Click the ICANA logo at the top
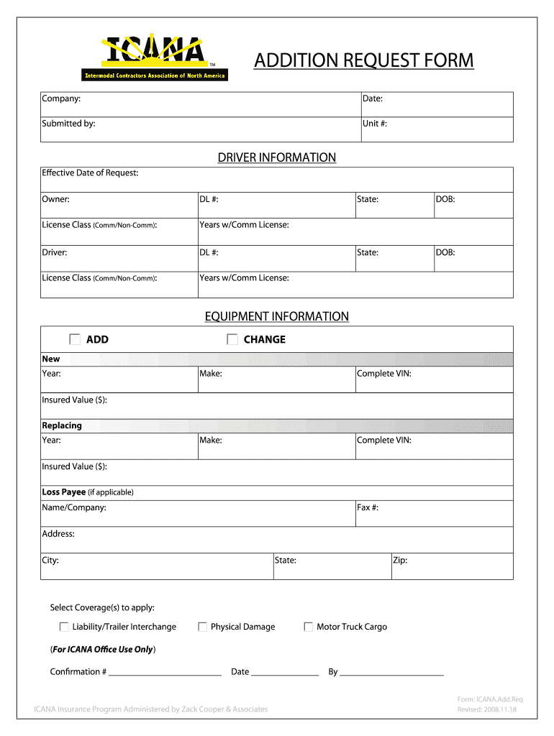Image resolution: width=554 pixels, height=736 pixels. [x=153, y=57]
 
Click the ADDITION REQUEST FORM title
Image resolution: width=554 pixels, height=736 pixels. [x=363, y=60]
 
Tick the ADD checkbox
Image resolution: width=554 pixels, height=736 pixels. [x=75, y=339]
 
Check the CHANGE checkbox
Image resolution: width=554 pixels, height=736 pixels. [x=232, y=339]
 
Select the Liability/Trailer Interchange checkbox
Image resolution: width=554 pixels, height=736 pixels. [x=64, y=627]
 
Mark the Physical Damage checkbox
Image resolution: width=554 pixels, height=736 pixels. [x=203, y=627]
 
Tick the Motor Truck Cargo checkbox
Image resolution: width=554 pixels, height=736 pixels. [x=309, y=627]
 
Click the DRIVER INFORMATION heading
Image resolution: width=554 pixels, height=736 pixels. [x=277, y=157]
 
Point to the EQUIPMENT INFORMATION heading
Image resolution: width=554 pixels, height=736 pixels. [x=277, y=316]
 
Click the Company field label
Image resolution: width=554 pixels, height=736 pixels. [x=61, y=98]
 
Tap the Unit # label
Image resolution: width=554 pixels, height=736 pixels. [x=375, y=124]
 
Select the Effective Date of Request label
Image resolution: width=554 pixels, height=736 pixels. [x=90, y=172]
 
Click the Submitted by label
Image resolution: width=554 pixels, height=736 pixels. [x=68, y=124]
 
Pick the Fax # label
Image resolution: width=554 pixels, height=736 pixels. [x=368, y=507]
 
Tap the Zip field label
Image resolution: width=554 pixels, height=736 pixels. [x=400, y=560]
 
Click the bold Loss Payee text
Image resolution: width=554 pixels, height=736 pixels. [x=63, y=492]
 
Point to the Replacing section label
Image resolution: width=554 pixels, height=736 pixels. [x=62, y=425]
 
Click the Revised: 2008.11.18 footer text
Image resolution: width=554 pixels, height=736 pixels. [x=487, y=710]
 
